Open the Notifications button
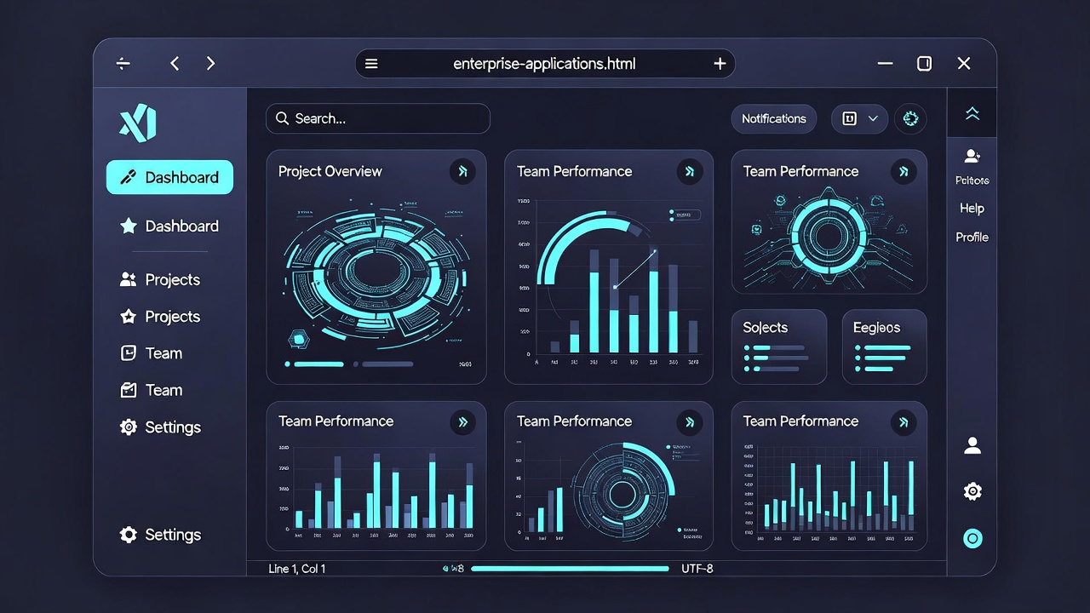click(773, 119)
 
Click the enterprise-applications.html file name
click(544, 64)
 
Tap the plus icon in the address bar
click(720, 64)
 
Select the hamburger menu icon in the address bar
click(371, 64)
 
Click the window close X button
click(964, 64)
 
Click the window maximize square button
click(924, 64)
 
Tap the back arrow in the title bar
click(175, 64)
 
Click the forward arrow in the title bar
click(211, 64)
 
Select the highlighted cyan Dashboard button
click(169, 177)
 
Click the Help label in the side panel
click(972, 209)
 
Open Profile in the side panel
click(972, 238)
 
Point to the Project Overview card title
click(330, 171)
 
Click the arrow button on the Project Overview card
click(462, 171)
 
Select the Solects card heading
click(765, 328)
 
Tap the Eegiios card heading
click(876, 328)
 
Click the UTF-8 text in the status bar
click(697, 568)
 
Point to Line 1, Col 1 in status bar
click(296, 568)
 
